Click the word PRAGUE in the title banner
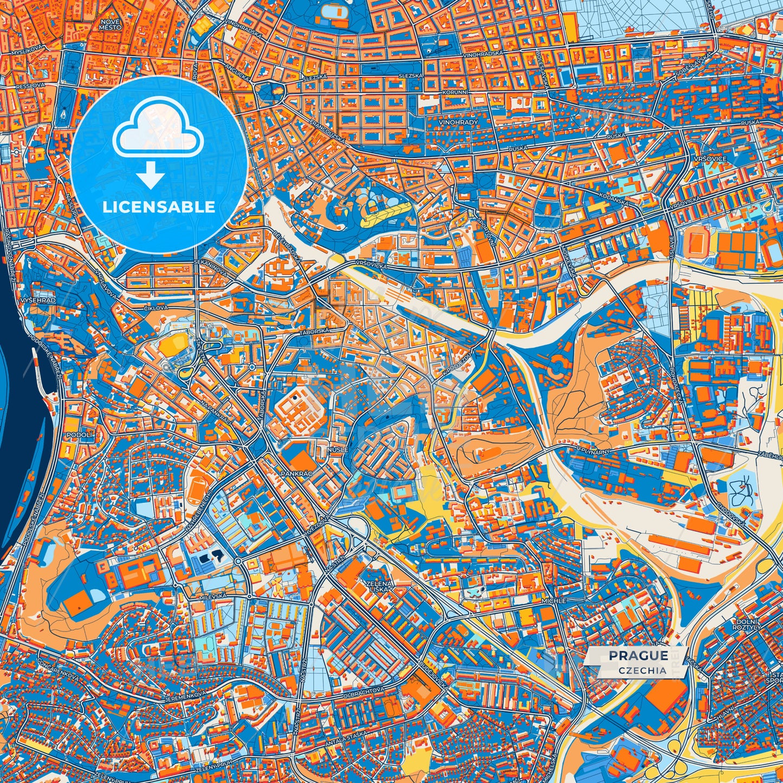638,656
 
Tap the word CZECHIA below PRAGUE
642,670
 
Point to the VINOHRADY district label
460,122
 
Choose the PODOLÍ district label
80,435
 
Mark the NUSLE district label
337,449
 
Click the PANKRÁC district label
296,473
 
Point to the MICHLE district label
553,601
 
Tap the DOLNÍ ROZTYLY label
748,624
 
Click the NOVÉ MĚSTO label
110,24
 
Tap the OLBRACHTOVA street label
364,691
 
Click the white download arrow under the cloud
151,176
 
